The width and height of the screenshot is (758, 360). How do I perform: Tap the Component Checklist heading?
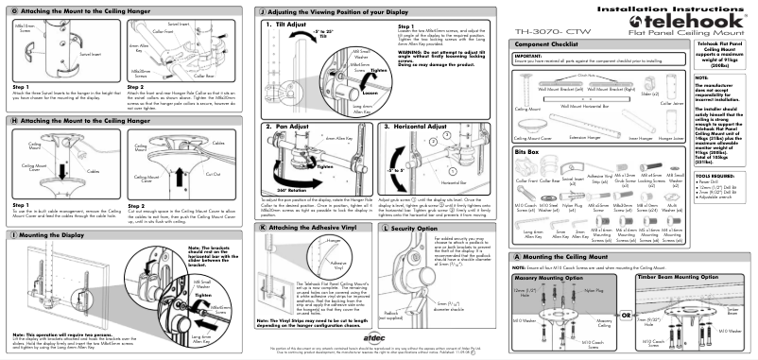coord(548,44)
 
